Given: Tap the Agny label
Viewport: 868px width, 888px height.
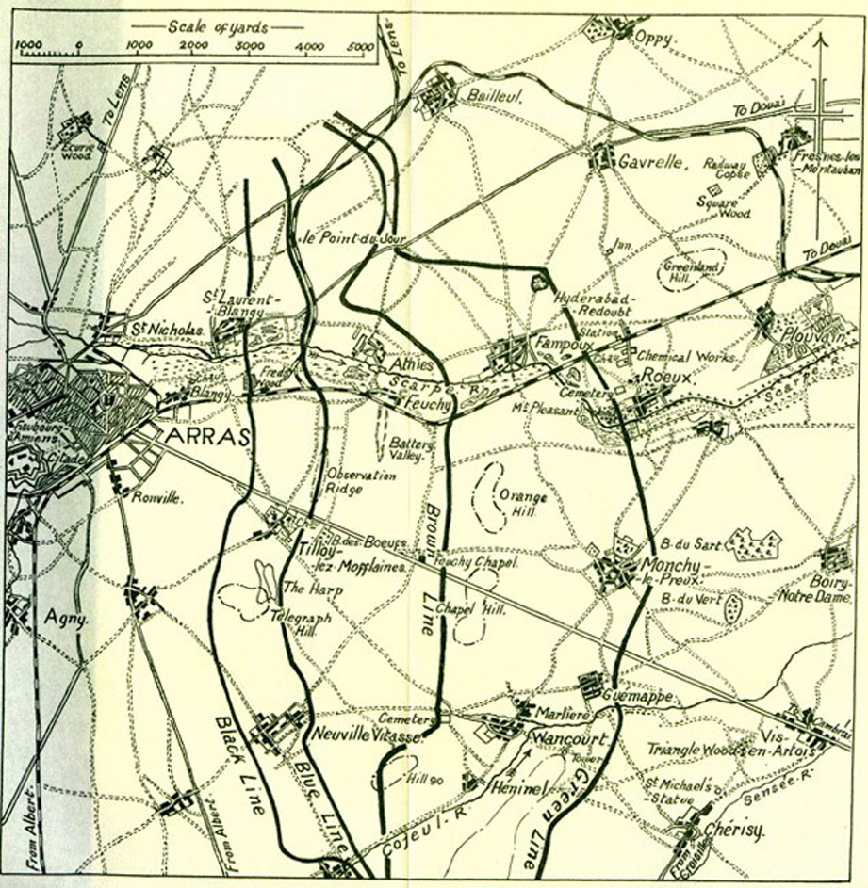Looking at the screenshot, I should (x=65, y=619).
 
